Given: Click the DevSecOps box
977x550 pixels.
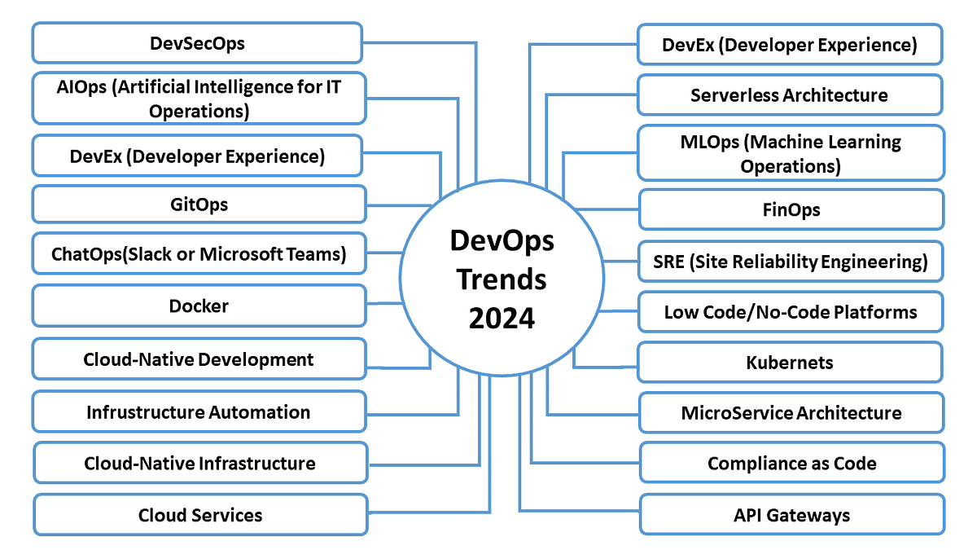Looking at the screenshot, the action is click(197, 42).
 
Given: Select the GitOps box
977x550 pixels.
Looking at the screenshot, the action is click(199, 205).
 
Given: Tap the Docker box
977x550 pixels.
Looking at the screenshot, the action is click(199, 306).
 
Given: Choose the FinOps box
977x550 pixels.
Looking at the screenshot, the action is click(791, 209).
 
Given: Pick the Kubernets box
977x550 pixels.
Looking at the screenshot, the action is click(790, 363).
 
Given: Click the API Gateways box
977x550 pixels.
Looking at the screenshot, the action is click(791, 515).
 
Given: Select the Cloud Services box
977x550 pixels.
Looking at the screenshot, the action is click(200, 515).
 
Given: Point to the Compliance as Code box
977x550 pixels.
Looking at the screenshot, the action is click(791, 463).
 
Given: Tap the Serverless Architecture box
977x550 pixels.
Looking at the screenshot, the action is click(790, 95).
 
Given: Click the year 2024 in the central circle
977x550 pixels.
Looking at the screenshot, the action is click(502, 318).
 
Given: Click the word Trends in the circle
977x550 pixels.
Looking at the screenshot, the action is click(502, 279).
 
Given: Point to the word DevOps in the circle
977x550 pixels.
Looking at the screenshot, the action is click(502, 241).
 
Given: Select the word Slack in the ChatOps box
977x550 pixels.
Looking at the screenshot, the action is click(150, 253).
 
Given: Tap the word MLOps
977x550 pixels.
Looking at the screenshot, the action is click(710, 143).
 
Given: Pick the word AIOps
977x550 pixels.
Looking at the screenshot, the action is click(81, 87).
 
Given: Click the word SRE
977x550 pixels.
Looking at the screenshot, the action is click(668, 262).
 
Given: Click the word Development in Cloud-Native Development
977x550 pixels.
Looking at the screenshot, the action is click(256, 359).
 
